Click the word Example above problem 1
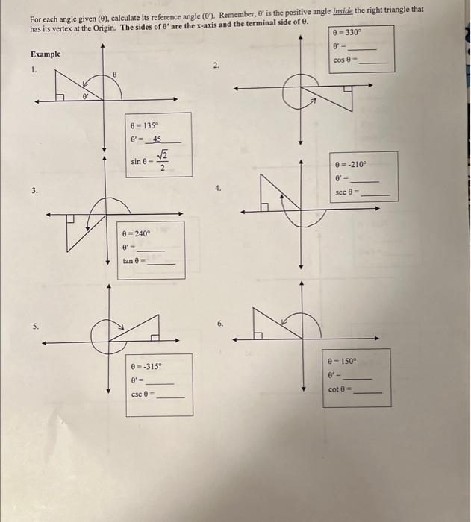46,54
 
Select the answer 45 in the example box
157,139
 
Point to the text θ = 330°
347,33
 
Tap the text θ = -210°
351,165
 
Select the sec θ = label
349,192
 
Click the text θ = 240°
137,233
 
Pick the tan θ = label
134,261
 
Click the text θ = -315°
146,367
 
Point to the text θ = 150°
343,361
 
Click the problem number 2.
216,66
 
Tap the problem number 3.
34,191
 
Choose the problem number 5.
34,327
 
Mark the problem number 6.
220,324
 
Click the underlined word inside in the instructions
366,10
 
